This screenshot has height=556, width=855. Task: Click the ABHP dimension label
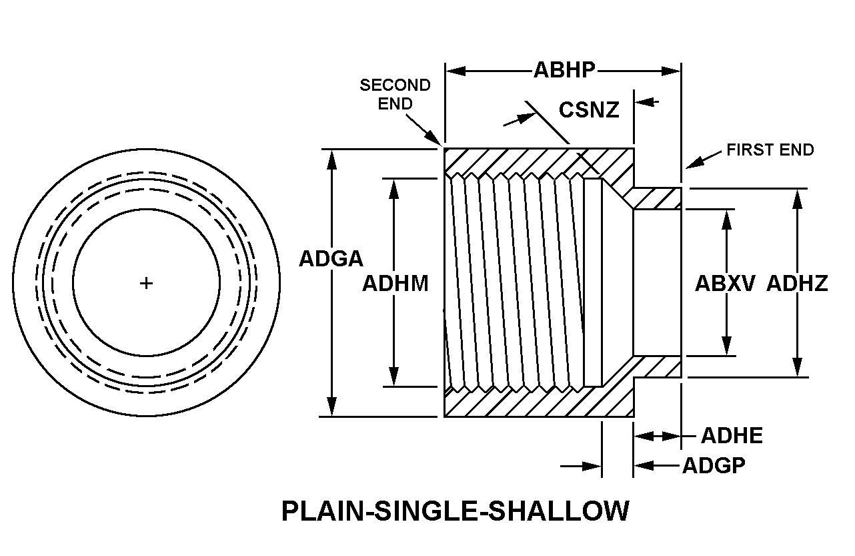click(564, 69)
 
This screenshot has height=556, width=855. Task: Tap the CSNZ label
click(589, 109)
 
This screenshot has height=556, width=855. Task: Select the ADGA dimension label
click(331, 259)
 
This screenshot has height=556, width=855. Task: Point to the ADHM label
click(395, 284)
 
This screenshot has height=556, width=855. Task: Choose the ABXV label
click(725, 284)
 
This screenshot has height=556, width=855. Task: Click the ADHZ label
click(797, 284)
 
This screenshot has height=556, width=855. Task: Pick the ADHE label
click(732, 436)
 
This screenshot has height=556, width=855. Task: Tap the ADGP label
click(714, 465)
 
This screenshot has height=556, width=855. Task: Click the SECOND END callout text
click(395, 94)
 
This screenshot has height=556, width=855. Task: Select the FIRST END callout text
click(770, 150)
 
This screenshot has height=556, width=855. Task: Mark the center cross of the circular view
click(146, 283)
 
